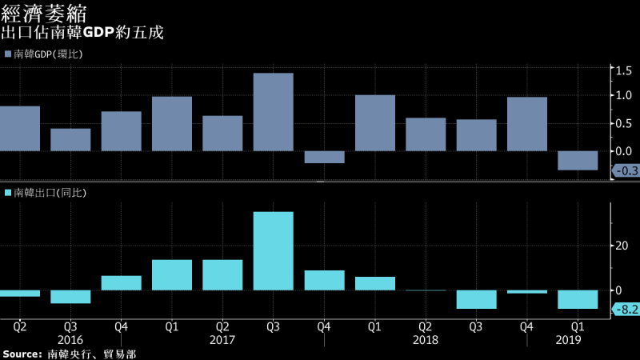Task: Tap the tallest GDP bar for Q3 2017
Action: click(x=273, y=112)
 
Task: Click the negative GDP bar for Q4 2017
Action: click(x=324, y=157)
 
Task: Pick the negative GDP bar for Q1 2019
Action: click(x=578, y=160)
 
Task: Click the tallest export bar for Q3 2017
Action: click(x=273, y=250)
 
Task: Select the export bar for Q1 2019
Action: click(x=578, y=299)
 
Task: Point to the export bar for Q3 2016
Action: click(x=70, y=297)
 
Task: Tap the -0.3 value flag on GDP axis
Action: click(x=624, y=170)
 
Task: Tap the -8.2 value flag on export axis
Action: click(x=624, y=310)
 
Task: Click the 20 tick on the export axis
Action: click(x=618, y=246)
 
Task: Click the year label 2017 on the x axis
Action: click(x=222, y=340)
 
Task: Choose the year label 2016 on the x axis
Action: click(x=70, y=340)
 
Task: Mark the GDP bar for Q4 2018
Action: click(x=527, y=124)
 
